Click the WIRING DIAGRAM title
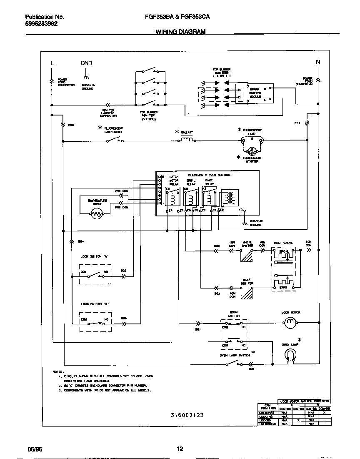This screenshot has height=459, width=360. [x=180, y=32]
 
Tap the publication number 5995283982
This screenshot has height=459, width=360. [x=41, y=24]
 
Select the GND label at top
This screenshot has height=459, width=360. [x=86, y=63]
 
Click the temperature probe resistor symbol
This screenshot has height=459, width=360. [x=97, y=214]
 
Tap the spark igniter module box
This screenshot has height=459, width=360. [x=255, y=94]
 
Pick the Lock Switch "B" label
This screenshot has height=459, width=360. [x=95, y=304]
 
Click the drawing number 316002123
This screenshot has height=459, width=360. [x=187, y=415]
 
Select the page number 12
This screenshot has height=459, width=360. [x=180, y=449]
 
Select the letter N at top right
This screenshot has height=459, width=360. [x=318, y=62]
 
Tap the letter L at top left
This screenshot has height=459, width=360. [x=52, y=63]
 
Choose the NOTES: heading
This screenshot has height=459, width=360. [x=58, y=371]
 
